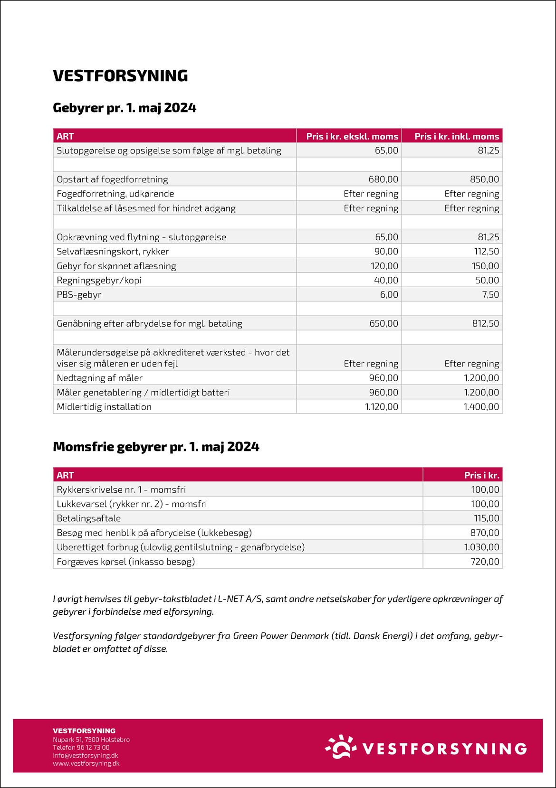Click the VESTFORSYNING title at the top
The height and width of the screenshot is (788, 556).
tap(120, 76)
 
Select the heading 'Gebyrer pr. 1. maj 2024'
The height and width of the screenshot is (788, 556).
tap(125, 108)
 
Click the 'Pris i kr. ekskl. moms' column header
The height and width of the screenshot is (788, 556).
tap(352, 136)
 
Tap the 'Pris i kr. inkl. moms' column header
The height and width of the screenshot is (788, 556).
tap(456, 136)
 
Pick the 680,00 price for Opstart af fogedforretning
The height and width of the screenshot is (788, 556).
tap(383, 179)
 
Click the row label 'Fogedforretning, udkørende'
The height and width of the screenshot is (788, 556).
tap(115, 194)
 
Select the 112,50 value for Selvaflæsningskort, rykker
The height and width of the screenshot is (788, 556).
tap(485, 252)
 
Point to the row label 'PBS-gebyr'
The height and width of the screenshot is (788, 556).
tap(79, 295)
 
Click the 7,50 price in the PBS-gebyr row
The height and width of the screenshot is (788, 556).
tap(490, 295)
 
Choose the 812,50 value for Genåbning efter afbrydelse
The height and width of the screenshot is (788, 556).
tap(485, 324)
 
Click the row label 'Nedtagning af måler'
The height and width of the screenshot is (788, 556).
tap(100, 378)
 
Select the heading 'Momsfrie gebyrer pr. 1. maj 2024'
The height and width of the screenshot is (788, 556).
tap(156, 447)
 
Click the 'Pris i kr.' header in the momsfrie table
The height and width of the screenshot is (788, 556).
tap(481, 475)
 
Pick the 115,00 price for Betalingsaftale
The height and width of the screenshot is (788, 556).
tap(486, 518)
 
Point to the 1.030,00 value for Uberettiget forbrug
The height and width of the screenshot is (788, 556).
tap(481, 547)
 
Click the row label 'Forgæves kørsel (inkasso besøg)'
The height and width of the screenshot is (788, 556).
tap(126, 562)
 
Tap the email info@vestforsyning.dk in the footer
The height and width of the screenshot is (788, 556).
tap(86, 755)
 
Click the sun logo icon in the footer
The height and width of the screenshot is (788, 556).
tap(341, 747)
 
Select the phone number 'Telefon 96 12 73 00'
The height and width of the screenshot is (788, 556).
tap(81, 747)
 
